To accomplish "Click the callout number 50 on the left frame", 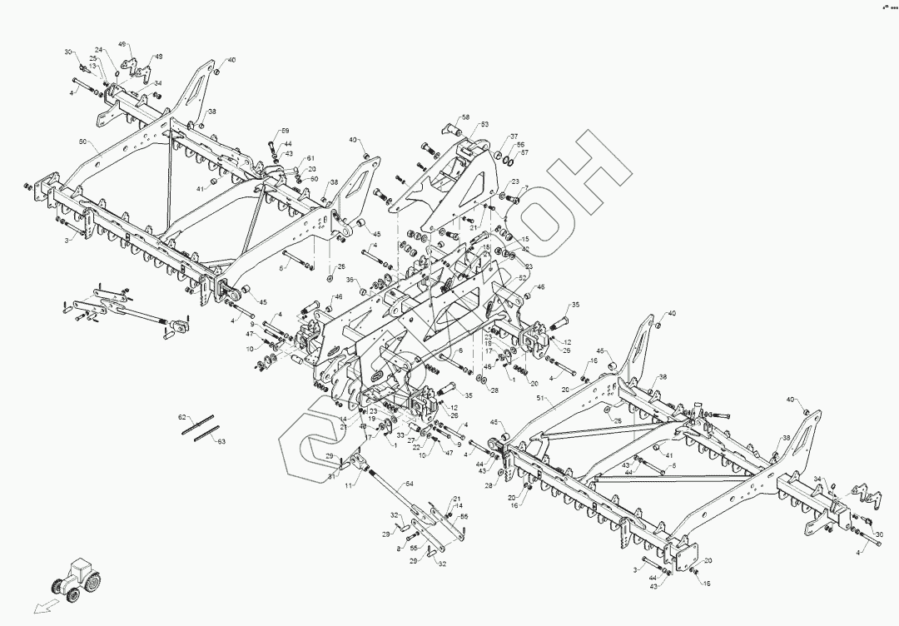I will coord(83,142).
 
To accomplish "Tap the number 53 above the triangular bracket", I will coord(484,124).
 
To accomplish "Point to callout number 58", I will coord(466,117).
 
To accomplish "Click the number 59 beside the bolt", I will coord(285,132).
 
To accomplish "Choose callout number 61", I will coord(310,158).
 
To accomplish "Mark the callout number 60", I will coord(314,178).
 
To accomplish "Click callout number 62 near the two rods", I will coord(181,415).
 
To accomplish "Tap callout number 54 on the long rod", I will coord(409,484).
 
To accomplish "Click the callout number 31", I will coord(330,476).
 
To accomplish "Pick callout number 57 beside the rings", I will coord(524,153).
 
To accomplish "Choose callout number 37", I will coord(514,136).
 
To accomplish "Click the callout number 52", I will coord(523,278).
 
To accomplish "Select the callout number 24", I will coord(97,50).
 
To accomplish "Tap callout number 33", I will coord(401,435).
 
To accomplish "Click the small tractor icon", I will coord(76,578).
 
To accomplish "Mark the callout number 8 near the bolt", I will coord(399,549).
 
